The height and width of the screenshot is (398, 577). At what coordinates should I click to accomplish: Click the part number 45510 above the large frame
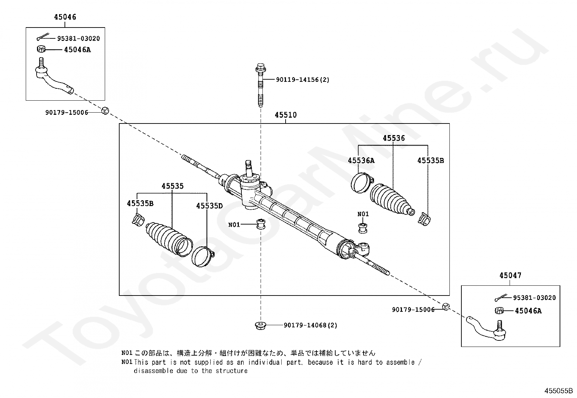tap(286, 115)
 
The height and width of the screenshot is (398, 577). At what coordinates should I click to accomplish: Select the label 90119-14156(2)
tap(303, 80)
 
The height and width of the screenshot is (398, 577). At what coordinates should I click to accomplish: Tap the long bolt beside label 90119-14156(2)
tap(260, 85)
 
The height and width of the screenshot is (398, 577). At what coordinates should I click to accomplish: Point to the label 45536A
tap(361, 160)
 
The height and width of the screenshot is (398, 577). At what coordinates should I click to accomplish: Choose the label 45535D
tap(209, 206)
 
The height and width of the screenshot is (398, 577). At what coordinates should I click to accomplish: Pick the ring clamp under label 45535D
tap(202, 255)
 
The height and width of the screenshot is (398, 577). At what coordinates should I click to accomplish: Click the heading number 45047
tap(510, 276)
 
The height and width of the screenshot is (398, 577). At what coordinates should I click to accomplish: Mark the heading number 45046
tap(65, 17)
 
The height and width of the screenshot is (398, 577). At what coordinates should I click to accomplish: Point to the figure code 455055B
tap(558, 391)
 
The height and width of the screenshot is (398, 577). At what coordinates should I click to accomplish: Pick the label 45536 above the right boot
tap(394, 138)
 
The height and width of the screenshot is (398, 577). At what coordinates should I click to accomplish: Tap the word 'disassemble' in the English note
tap(152, 371)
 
